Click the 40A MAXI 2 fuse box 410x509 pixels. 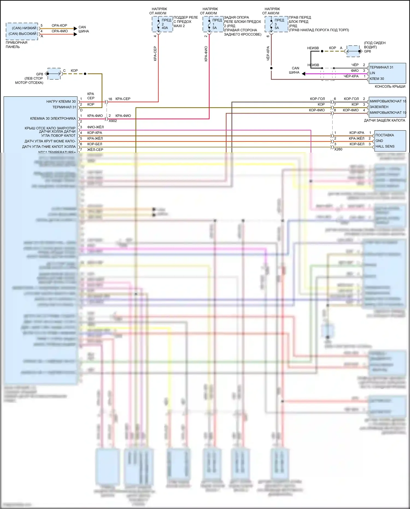tap(162, 24)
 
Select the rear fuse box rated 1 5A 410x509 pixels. tap(213, 24)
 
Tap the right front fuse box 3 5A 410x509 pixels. tap(276, 24)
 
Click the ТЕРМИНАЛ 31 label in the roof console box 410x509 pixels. tap(381, 67)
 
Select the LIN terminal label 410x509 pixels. tap(372, 73)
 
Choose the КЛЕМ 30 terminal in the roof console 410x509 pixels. tap(377, 79)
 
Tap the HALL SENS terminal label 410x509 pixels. tap(385, 146)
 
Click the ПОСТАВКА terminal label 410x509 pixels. tap(385, 135)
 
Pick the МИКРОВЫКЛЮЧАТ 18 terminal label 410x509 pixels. tap(388, 101)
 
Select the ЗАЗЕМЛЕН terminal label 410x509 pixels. tap(379, 107)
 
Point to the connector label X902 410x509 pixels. tap(113, 121)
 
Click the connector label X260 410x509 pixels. tap(338, 149)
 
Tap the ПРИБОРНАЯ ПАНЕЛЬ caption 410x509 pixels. tap(16, 45)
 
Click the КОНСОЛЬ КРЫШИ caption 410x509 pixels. tap(390, 86)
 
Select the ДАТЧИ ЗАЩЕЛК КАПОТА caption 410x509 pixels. tap(384, 120)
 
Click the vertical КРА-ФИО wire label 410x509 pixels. tap(206, 54)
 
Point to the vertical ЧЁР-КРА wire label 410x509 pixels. tap(268, 53)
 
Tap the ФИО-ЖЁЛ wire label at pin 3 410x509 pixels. tap(95, 127)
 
